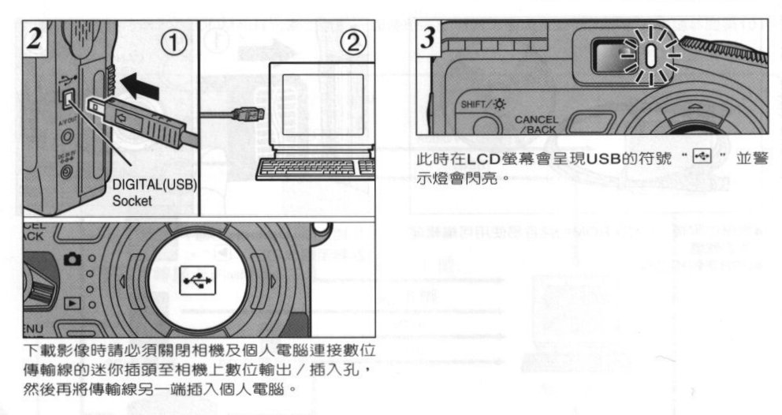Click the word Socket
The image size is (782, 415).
point(132,201)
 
